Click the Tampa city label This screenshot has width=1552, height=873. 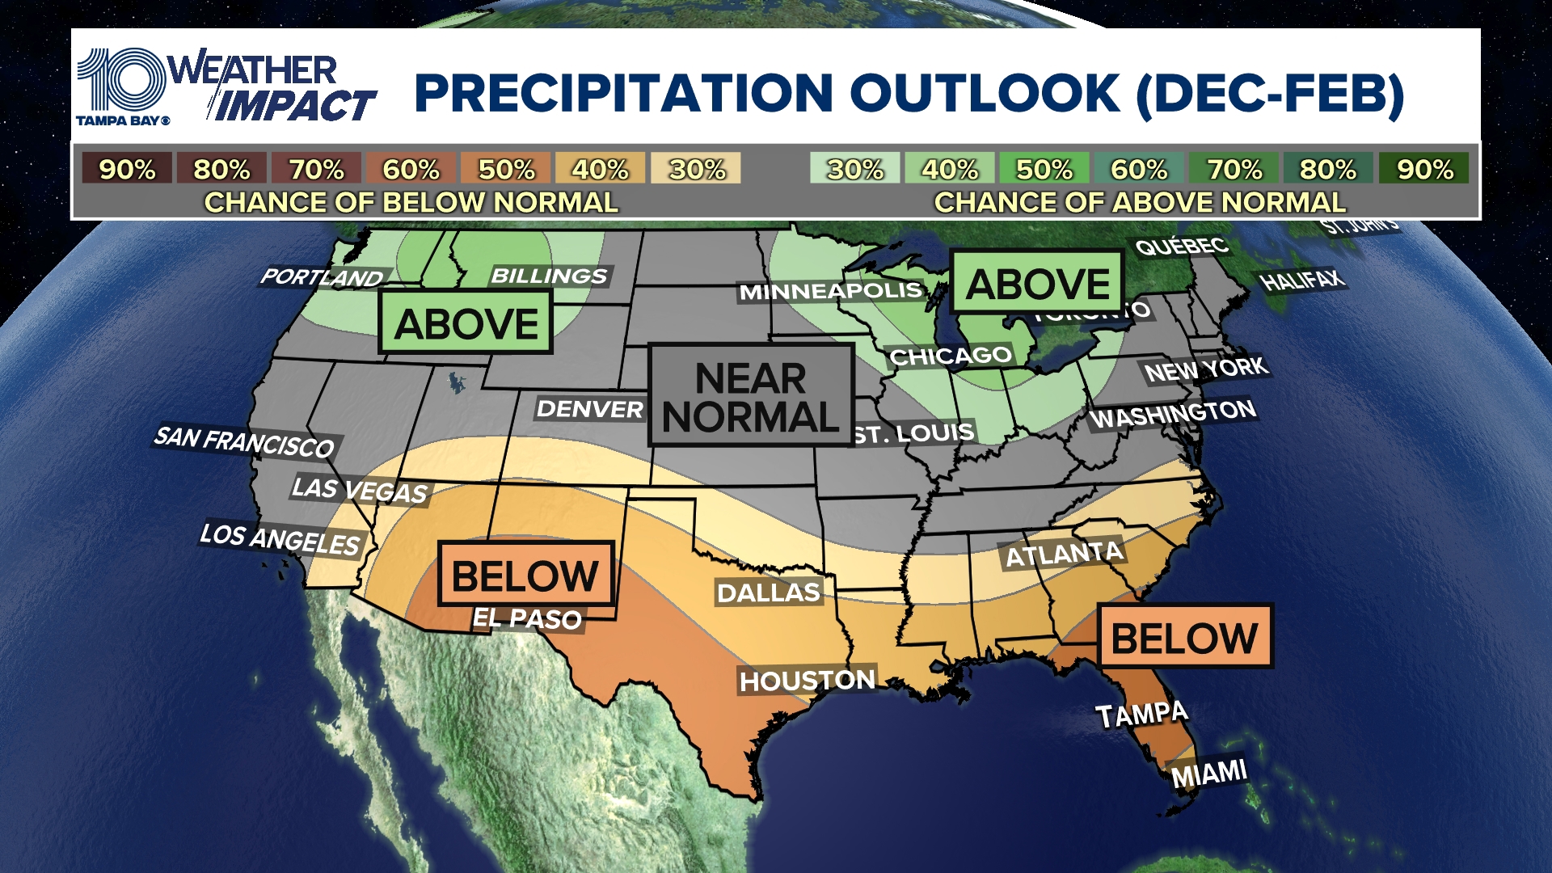1141,715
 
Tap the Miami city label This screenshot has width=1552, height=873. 1208,774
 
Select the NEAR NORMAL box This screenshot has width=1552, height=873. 751,396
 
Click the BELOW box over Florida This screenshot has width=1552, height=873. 1184,637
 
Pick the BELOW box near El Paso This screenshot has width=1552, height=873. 525,575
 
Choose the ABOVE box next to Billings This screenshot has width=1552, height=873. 466,323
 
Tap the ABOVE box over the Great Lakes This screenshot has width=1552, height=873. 1037,283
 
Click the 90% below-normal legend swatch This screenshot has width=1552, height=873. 127,169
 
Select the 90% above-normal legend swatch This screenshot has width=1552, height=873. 1423,169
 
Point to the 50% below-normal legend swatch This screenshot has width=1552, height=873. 506,169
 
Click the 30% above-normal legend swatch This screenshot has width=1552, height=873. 854,169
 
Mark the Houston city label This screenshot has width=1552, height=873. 807,681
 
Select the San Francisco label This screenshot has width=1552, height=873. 244,442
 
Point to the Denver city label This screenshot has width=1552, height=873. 589,409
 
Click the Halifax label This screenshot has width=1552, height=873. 1302,280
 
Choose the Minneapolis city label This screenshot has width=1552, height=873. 830,291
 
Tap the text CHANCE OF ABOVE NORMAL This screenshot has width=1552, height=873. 1140,202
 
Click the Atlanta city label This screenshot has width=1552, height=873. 1063,555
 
